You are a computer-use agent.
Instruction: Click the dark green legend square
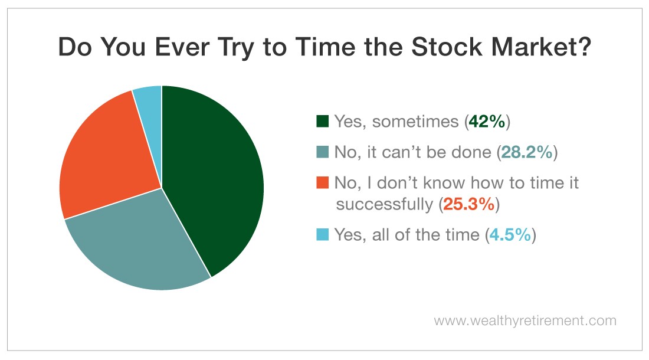322,121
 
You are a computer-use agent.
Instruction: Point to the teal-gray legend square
322,152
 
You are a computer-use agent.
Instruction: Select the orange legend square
322,182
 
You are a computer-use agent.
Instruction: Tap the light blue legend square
322,234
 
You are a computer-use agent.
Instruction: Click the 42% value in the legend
487,122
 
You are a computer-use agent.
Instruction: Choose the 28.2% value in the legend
527,152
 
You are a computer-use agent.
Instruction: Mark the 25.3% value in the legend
469,204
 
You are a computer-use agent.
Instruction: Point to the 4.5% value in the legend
510,235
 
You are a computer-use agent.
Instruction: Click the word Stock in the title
447,47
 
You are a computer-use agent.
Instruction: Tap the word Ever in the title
182,47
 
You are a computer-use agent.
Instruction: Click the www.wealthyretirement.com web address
525,320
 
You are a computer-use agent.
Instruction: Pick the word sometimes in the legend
415,122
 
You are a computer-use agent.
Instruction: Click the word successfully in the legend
384,204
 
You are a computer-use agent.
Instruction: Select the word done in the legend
471,152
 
